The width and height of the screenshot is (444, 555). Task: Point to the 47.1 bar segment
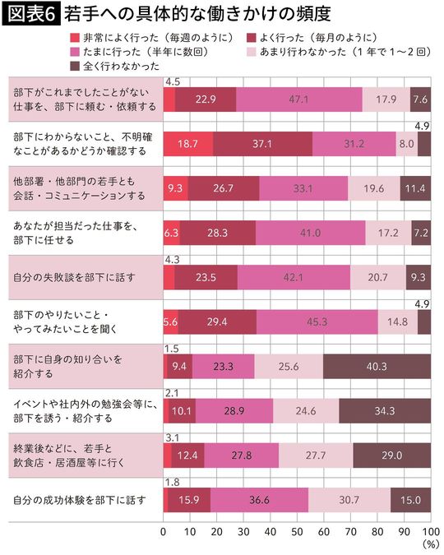click(x=298, y=99)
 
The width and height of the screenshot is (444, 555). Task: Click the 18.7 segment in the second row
click(x=187, y=143)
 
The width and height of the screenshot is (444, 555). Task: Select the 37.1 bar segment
click(x=262, y=143)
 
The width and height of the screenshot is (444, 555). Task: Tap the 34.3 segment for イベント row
click(x=384, y=410)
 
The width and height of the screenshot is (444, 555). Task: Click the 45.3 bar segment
click(x=315, y=321)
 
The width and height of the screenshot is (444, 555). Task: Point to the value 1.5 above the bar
click(x=172, y=349)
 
